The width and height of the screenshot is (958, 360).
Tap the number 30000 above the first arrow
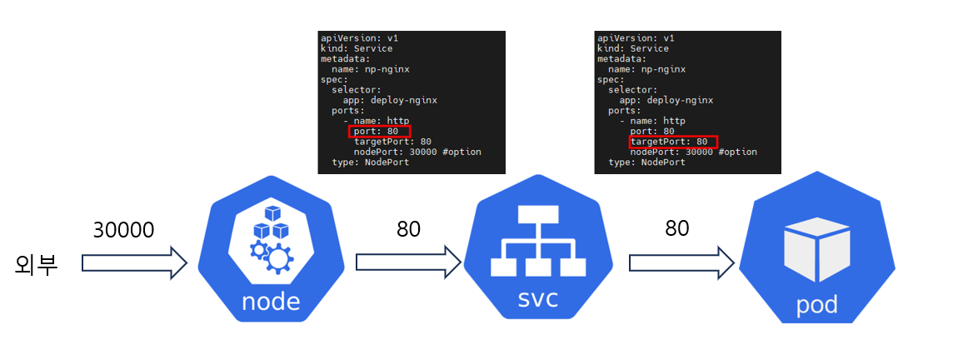click(123, 229)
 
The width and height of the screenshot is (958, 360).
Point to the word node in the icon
click(270, 300)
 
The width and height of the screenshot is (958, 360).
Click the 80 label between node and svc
click(408, 229)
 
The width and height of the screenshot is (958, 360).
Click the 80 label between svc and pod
click(676, 227)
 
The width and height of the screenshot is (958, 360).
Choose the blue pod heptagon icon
click(816, 250)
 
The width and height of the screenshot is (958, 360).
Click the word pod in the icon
click(816, 305)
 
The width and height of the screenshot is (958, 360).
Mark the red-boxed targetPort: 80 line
click(673, 142)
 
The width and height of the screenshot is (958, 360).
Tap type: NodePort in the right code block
click(646, 162)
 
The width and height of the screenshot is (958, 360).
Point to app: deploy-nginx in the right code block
click(666, 100)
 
